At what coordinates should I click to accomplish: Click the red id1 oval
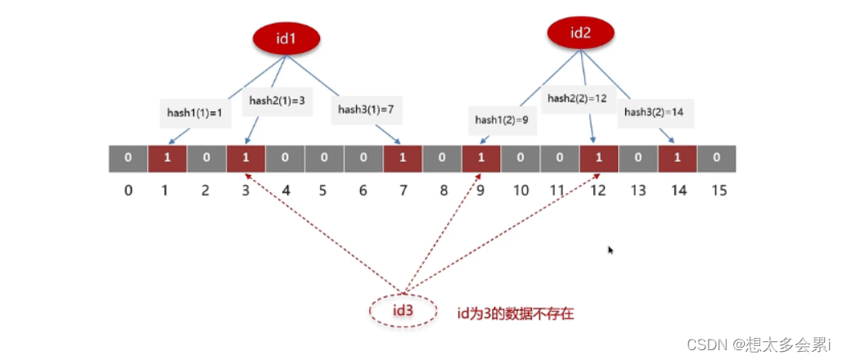[286, 38]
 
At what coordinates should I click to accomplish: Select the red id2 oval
[580, 33]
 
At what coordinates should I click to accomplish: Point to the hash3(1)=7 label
[366, 109]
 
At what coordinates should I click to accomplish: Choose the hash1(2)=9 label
[501, 119]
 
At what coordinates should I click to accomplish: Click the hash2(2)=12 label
[577, 98]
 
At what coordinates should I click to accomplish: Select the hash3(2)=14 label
[652, 112]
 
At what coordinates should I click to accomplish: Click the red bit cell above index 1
[167, 158]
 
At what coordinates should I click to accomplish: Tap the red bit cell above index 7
[403, 158]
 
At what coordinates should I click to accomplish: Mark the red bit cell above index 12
[598, 158]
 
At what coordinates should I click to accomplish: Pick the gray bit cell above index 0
[128, 158]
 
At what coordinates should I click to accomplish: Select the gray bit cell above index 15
[716, 158]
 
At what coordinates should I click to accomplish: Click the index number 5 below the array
[322, 191]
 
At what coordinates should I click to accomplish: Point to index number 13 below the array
[637, 191]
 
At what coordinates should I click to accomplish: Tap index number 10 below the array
[520, 191]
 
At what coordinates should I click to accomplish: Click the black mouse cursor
[611, 250]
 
